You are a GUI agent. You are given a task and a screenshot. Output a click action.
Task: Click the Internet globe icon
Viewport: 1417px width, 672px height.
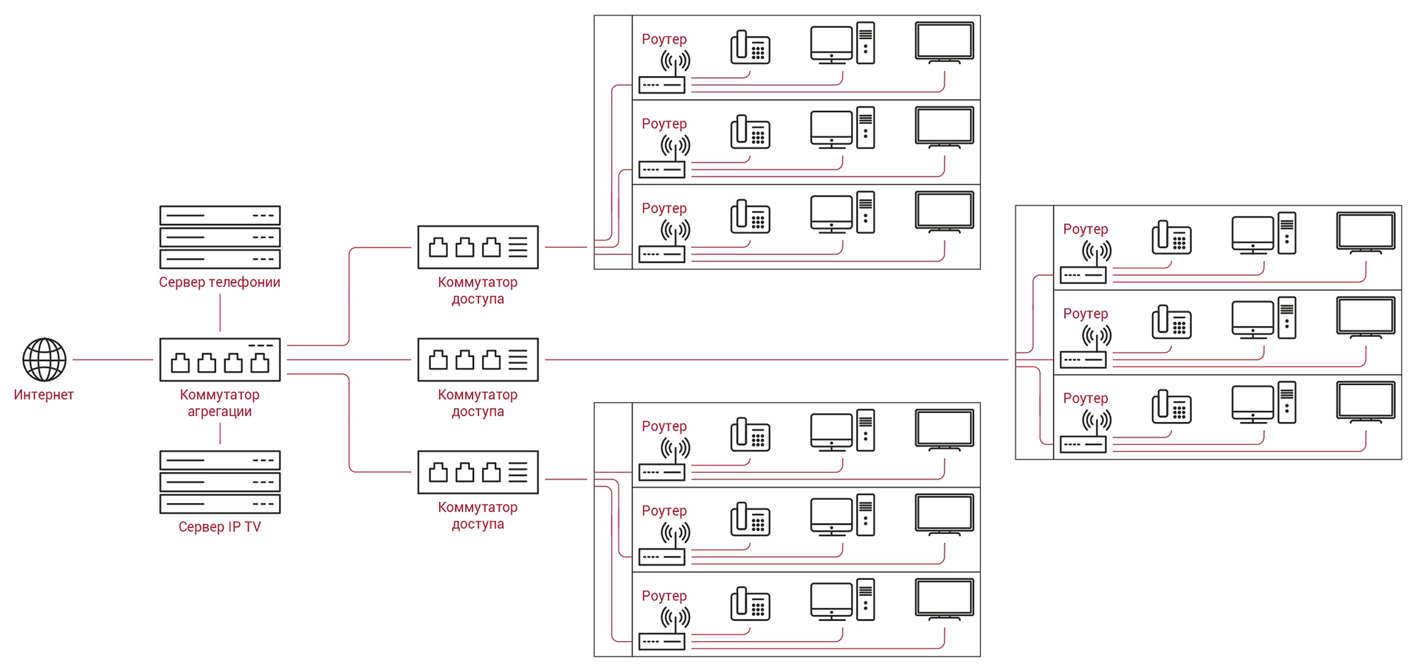coord(44,359)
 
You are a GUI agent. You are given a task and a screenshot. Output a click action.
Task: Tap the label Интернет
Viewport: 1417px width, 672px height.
coord(44,395)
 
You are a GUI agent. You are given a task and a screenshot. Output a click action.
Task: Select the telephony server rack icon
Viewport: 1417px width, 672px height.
coord(220,237)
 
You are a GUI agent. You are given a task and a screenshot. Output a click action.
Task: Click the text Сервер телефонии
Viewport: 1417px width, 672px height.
coord(219,282)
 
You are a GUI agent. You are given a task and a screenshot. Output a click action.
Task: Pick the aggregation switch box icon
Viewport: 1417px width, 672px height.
coord(220,360)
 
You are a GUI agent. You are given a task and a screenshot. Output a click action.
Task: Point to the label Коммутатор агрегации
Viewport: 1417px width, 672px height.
coord(220,403)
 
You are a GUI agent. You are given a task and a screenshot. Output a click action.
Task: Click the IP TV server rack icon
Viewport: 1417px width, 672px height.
coord(220,482)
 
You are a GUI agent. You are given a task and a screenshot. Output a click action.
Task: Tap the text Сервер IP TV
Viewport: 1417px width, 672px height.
coord(219,527)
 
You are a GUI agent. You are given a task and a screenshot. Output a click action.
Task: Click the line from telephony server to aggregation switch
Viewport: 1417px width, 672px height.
coord(220,313)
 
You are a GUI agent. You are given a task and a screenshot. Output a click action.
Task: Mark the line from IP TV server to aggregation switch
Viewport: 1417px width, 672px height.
coord(220,434)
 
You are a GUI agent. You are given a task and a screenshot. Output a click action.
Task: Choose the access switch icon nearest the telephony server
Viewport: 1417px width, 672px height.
coord(477,247)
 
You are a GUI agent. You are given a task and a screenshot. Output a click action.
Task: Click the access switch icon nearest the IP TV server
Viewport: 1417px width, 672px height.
coord(477,472)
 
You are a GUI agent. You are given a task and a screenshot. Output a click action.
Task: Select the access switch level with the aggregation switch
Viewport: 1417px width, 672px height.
coord(477,360)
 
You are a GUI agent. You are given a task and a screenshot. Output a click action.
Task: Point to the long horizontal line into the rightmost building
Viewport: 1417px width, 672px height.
coord(775,360)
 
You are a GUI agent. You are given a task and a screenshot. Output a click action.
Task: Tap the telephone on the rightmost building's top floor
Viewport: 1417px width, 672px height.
coord(1171,238)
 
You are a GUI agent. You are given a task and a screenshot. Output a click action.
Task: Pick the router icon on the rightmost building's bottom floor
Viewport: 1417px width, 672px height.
coord(1085,435)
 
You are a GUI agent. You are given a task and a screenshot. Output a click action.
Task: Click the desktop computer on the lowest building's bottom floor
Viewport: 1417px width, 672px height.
coord(842,600)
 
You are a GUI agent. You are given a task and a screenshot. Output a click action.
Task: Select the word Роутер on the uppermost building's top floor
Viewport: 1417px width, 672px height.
coord(663,39)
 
